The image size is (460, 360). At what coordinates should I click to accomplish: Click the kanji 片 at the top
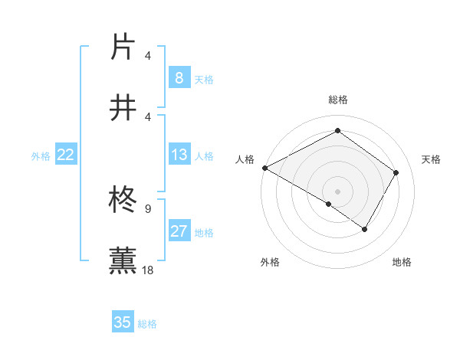tap(124, 46)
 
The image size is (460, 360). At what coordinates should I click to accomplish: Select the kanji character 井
tap(124, 107)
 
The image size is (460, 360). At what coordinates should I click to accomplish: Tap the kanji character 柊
tap(124, 200)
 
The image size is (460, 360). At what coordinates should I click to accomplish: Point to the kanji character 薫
tap(124, 260)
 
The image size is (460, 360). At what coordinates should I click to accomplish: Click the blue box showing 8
tap(179, 77)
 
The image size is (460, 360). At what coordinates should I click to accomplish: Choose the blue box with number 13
tap(179, 155)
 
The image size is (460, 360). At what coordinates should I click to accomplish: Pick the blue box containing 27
tap(179, 231)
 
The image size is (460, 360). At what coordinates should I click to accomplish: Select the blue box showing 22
tap(66, 155)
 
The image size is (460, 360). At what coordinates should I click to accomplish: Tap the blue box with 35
tap(123, 322)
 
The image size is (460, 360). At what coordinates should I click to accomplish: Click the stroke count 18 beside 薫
tap(148, 270)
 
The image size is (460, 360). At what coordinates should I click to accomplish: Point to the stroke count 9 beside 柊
tap(148, 208)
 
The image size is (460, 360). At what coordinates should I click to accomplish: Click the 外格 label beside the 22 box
tap(41, 156)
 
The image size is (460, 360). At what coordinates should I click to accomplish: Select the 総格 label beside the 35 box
tap(148, 324)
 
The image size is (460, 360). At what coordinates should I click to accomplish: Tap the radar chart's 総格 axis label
tap(337, 100)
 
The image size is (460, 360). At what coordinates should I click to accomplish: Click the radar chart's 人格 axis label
tap(245, 159)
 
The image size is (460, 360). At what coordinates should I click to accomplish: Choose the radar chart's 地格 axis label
tap(402, 263)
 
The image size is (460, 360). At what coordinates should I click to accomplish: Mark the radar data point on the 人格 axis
tap(264, 168)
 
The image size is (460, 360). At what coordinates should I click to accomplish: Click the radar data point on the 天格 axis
tap(396, 173)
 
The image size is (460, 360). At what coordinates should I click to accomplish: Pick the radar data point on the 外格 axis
tap(329, 204)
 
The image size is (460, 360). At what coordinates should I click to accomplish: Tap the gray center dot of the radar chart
tap(337, 191)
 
